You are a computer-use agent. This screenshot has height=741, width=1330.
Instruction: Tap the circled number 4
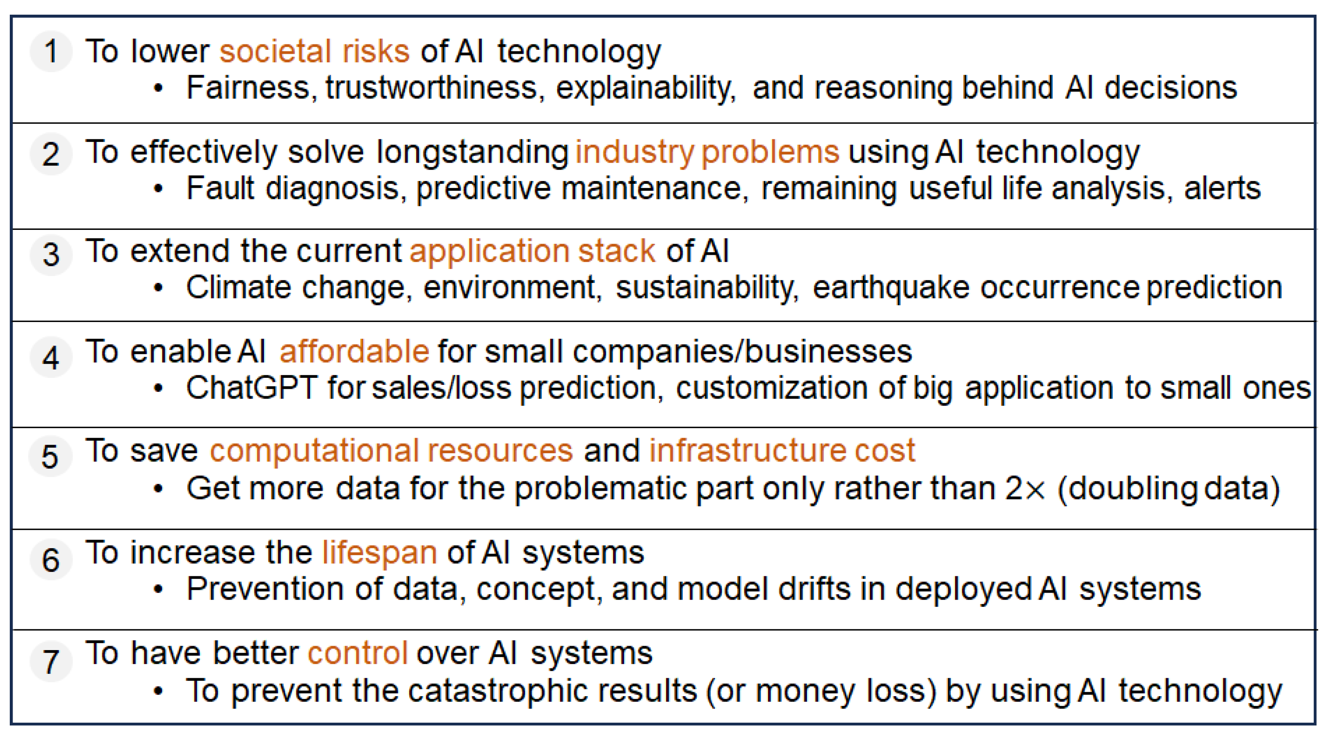coord(51,357)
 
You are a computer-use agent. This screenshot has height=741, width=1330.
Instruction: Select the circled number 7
coord(51,662)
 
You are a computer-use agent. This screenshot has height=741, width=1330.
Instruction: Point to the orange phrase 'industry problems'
coord(707,152)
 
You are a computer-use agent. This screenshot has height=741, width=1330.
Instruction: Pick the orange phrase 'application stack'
coord(532,251)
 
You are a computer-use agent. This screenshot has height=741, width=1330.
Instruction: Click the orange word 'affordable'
coord(354,352)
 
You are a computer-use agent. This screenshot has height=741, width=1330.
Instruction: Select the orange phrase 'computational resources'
coord(391,451)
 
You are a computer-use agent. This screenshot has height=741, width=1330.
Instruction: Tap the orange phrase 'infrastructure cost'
coord(782,451)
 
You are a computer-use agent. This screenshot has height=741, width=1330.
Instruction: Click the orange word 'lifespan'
coord(379,553)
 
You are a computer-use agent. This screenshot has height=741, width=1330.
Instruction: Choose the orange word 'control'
coord(358,653)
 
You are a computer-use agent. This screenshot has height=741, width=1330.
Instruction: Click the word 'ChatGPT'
coord(251,388)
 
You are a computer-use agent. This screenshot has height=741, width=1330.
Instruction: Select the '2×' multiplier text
coord(1024,488)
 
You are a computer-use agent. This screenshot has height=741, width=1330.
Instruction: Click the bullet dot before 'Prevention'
coord(159,590)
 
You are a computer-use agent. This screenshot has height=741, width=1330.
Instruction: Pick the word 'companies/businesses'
coord(742,352)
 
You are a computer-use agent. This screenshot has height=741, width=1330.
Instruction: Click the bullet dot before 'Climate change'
coord(159,288)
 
